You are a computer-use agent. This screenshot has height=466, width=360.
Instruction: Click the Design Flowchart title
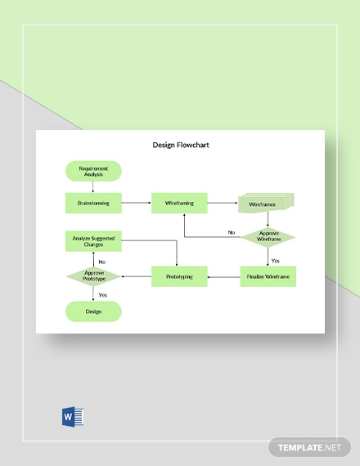tap(180, 146)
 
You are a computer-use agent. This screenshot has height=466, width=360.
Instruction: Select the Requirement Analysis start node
tap(93, 171)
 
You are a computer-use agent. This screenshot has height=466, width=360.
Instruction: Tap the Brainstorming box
tap(93, 202)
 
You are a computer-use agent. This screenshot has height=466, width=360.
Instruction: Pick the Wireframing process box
tap(179, 202)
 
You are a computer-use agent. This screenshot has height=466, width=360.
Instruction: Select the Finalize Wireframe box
tap(268, 276)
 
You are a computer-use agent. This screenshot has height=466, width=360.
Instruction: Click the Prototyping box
tap(179, 276)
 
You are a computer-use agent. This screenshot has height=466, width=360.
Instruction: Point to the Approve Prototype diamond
tap(92, 276)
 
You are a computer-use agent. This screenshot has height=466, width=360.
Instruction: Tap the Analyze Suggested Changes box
tap(93, 241)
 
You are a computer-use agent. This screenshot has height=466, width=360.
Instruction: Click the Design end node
tap(93, 311)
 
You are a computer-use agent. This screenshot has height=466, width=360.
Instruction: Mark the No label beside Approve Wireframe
tap(232, 233)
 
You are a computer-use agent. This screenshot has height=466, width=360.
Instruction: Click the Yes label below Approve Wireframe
tap(276, 260)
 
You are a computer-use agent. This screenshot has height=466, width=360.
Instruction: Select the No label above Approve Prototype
tap(102, 262)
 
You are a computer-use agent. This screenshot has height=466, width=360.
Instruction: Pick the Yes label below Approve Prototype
tap(102, 294)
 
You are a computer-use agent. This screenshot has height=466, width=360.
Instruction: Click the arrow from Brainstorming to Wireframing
tap(136, 202)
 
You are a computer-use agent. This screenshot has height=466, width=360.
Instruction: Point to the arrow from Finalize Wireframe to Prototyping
tap(223, 277)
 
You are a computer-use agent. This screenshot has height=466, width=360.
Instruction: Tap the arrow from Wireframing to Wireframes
tap(222, 202)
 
